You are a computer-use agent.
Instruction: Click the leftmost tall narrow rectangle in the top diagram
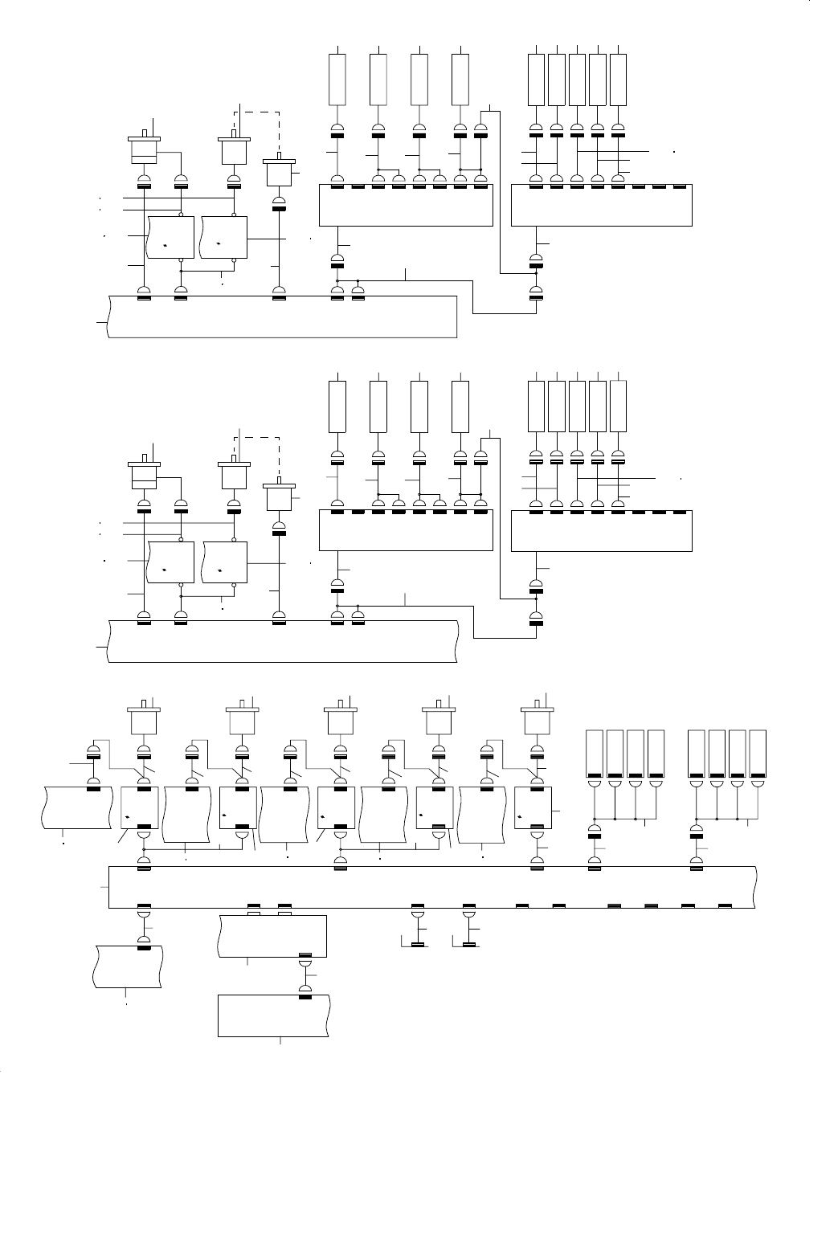click(338, 79)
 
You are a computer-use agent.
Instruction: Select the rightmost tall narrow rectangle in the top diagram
click(618, 79)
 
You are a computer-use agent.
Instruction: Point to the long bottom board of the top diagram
click(281, 317)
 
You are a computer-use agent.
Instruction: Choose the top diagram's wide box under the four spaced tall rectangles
click(406, 206)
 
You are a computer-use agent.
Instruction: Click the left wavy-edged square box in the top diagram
click(170, 237)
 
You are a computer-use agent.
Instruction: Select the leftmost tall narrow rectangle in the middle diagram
click(338, 407)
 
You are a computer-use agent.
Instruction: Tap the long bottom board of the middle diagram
click(281, 641)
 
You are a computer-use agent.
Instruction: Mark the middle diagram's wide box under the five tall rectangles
click(602, 531)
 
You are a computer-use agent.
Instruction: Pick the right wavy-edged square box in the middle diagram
click(226, 563)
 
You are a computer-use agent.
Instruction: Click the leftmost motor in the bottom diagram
click(145, 720)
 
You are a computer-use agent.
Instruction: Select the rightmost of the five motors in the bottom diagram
click(538, 720)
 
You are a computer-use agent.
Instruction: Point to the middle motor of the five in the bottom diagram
click(341, 720)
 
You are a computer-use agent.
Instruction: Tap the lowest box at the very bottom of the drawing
click(274, 1016)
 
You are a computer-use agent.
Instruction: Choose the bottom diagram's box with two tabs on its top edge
click(272, 936)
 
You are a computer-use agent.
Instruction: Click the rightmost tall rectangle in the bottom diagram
click(758, 754)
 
